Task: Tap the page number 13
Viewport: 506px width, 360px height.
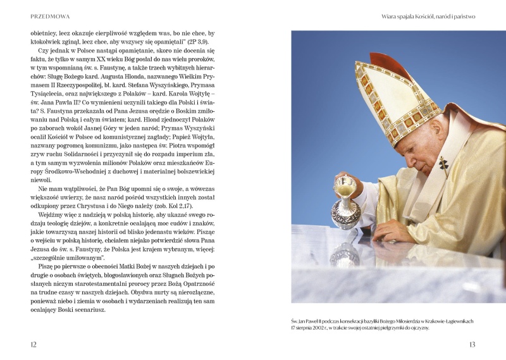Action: point(471,344)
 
